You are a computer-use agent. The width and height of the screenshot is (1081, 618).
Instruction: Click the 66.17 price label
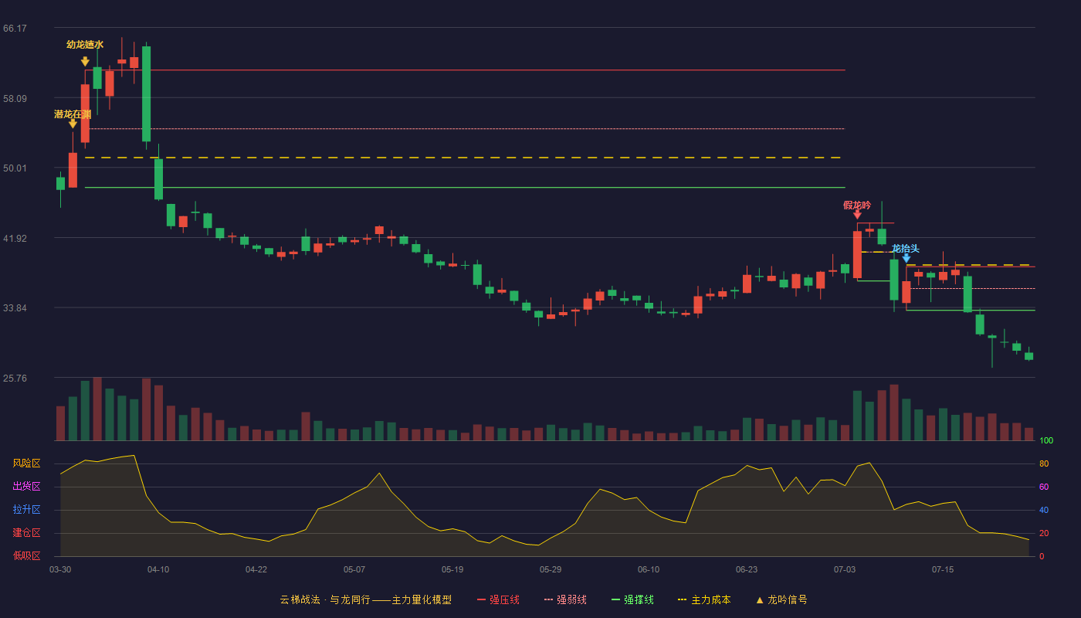pyautogui.click(x=15, y=29)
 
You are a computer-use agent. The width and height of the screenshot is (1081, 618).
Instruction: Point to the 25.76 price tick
pyautogui.click(x=15, y=378)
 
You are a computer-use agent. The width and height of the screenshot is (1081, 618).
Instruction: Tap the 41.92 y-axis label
pyautogui.click(x=15, y=239)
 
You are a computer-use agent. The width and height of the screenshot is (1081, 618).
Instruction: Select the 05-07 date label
pyautogui.click(x=354, y=570)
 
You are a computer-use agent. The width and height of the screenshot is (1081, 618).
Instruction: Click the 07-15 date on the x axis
pyautogui.click(x=943, y=570)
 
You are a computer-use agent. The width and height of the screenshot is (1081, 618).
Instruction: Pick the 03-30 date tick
pyautogui.click(x=60, y=570)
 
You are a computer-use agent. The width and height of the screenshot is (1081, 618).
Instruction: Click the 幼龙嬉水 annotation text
pyautogui.click(x=85, y=45)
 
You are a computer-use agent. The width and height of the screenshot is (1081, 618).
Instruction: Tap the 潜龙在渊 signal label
pyautogui.click(x=73, y=114)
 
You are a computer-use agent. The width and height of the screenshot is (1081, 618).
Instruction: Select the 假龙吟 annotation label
pyautogui.click(x=857, y=205)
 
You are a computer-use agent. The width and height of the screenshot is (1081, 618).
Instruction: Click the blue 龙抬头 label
pyautogui.click(x=905, y=249)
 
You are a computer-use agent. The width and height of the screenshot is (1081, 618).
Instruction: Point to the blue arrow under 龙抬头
pyautogui.click(x=906, y=258)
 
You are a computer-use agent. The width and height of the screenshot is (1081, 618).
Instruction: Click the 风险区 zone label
pyautogui.click(x=26, y=463)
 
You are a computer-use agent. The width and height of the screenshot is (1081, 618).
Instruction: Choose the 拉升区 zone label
pyautogui.click(x=26, y=509)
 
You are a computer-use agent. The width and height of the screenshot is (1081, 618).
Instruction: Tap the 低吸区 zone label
pyautogui.click(x=26, y=555)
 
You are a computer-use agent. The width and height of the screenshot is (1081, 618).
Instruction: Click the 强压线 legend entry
pyautogui.click(x=499, y=599)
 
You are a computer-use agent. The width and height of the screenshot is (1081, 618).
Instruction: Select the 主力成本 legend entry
pyautogui.click(x=704, y=599)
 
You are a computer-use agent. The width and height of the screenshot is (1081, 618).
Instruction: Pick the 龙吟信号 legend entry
pyautogui.click(x=781, y=599)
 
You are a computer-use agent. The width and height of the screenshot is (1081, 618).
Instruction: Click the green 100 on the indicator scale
pyautogui.click(x=1046, y=440)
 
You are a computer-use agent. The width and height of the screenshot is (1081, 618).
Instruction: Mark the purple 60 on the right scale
pyautogui.click(x=1044, y=487)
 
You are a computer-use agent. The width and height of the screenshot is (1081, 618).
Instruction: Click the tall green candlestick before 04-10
pyautogui.click(x=146, y=94)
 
